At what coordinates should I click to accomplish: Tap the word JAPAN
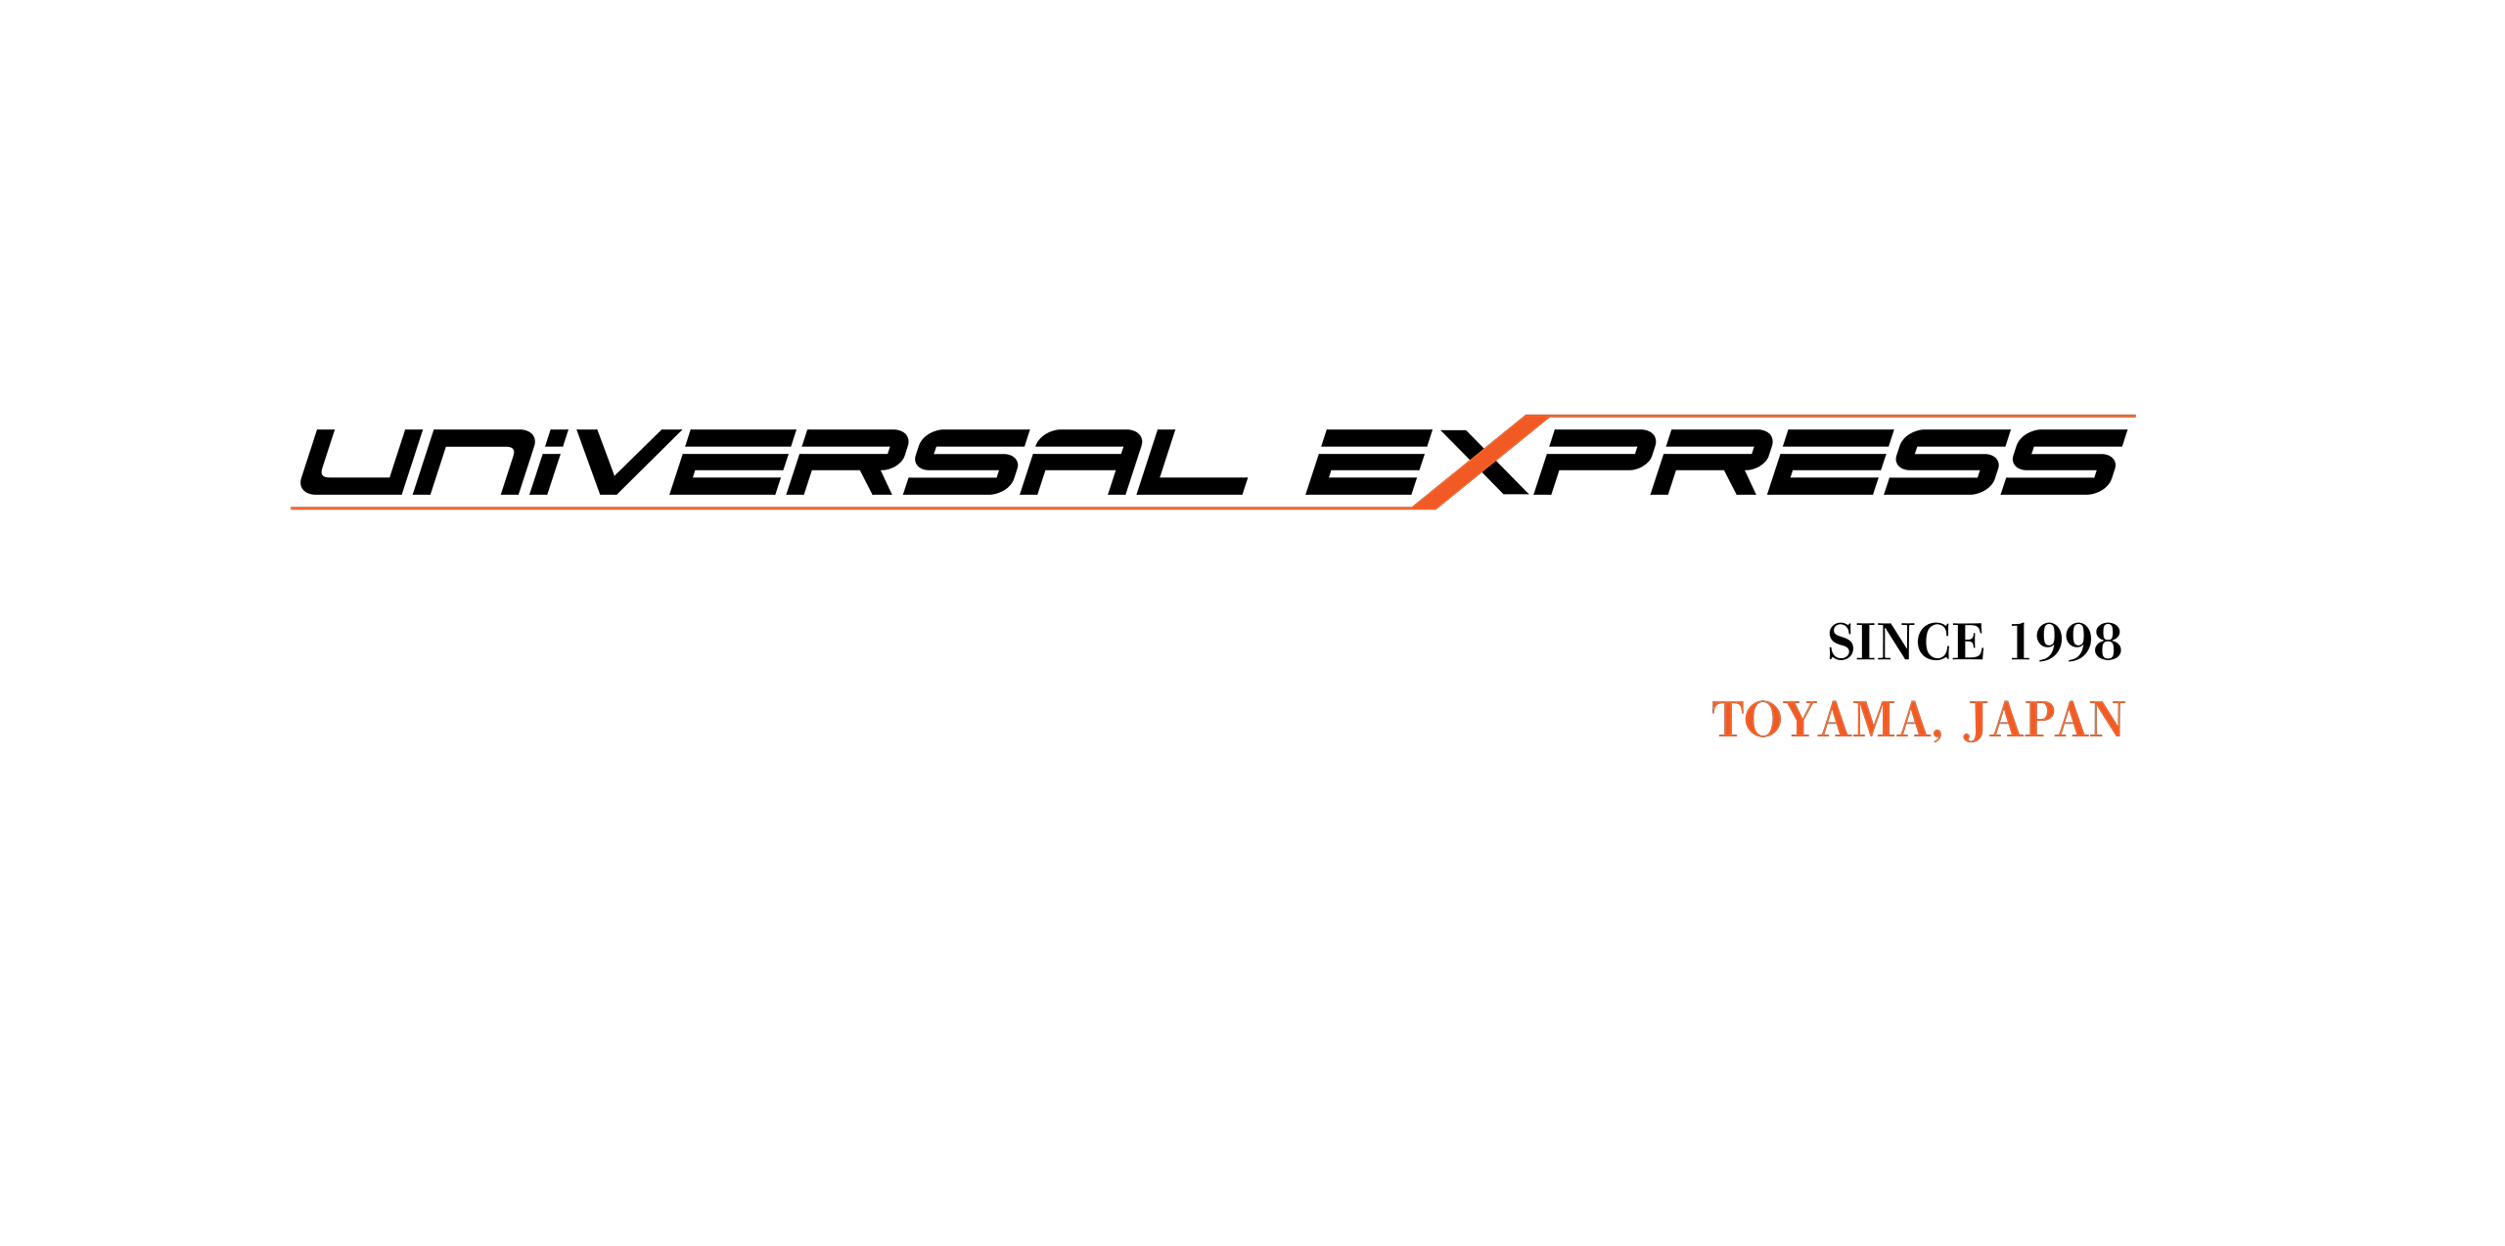point(2044,721)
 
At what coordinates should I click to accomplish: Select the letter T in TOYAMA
point(1729,721)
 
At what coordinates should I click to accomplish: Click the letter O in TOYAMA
point(1764,721)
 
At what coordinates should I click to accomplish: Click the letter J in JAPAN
point(1975,722)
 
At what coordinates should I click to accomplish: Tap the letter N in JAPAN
point(2105,721)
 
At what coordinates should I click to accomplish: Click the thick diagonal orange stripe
point(1480,463)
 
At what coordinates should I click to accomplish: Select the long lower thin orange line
point(851,509)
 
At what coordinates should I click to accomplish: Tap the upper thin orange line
point(1840,417)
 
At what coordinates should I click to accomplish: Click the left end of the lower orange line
point(294,509)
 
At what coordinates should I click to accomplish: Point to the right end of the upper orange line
point(2133,417)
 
